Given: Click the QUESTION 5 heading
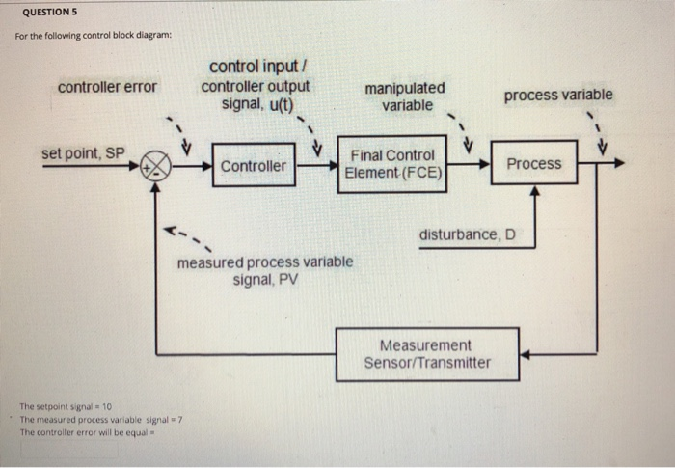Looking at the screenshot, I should pyautogui.click(x=50, y=14).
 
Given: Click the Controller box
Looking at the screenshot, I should pyautogui.click(x=254, y=165).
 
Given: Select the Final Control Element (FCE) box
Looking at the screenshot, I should pyautogui.click(x=392, y=164).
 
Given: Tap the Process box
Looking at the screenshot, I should pyautogui.click(x=533, y=164).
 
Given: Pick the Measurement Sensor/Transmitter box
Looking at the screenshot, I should pyautogui.click(x=427, y=354).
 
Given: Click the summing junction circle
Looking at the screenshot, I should pyautogui.click(x=155, y=165).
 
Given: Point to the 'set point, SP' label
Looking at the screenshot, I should pyautogui.click(x=83, y=153).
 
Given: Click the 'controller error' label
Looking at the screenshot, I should pyautogui.click(x=107, y=87).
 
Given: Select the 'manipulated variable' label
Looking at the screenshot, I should pyautogui.click(x=406, y=96).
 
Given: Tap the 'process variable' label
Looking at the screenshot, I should pyautogui.click(x=557, y=95).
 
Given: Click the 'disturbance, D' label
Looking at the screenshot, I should pyautogui.click(x=467, y=234).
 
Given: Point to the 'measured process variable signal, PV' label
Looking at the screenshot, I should pyautogui.click(x=264, y=270).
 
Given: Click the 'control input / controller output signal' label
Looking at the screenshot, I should pyautogui.click(x=256, y=86).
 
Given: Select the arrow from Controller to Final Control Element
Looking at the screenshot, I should pyautogui.click(x=316, y=165).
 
